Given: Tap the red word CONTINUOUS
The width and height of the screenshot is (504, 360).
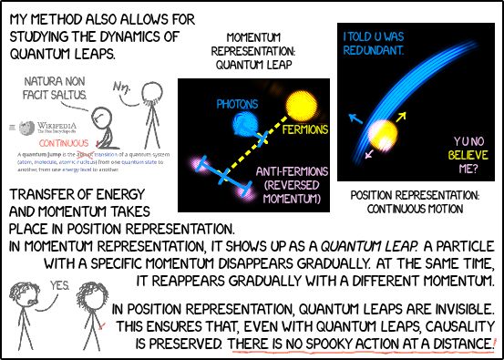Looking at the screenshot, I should pyautogui.click(x=63, y=143).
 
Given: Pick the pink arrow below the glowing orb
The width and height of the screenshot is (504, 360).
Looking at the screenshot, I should pyautogui.click(x=370, y=154).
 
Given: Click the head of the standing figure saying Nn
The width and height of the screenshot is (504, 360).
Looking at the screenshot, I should pyautogui.click(x=149, y=90).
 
